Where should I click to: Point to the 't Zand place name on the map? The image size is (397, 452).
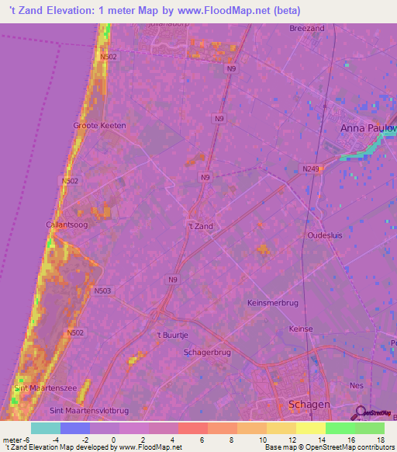click(x=200, y=226)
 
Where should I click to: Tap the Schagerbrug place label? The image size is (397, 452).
click(x=207, y=352)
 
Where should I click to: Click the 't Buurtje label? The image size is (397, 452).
click(x=172, y=336)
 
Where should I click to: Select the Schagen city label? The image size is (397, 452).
click(x=309, y=405)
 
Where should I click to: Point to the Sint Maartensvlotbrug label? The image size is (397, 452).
click(x=88, y=410)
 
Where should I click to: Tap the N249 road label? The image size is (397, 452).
click(x=311, y=168)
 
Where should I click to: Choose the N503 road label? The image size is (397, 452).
click(x=102, y=291)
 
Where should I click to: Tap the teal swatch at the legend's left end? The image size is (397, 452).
click(x=45, y=428)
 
